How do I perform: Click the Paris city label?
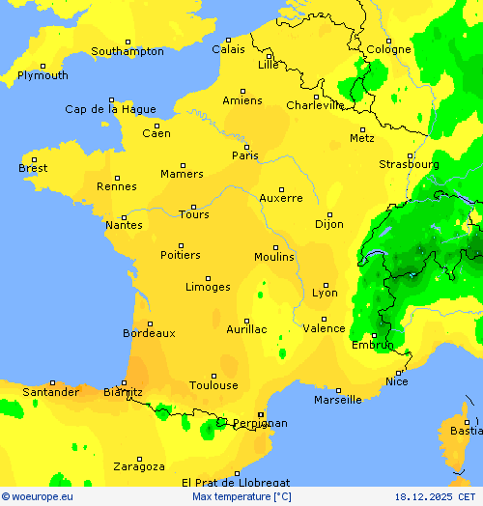[x=245, y=155]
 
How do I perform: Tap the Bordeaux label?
[x=149, y=333]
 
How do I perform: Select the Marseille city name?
[x=337, y=400]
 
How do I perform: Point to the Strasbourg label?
[x=409, y=164]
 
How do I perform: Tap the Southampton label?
[x=128, y=51]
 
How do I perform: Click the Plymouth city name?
[x=43, y=75]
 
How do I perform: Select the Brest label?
[x=33, y=168]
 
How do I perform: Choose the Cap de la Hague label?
[x=110, y=109]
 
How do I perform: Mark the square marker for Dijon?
[x=329, y=214]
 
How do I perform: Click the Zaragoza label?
[x=138, y=466]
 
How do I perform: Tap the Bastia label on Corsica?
[x=467, y=431]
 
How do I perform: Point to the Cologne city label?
[x=388, y=49]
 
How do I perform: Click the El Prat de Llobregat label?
[x=236, y=482]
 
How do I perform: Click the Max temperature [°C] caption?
[x=241, y=496]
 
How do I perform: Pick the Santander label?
[x=50, y=392]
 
